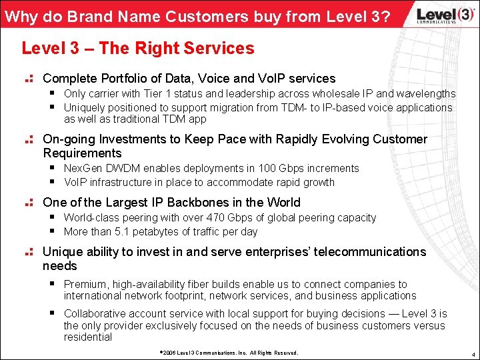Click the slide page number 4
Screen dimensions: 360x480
(x=471, y=353)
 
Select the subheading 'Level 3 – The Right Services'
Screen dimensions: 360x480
(x=138, y=49)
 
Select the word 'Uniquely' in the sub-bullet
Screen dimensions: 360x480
(x=84, y=107)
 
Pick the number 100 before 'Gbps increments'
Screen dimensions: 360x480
(x=267, y=169)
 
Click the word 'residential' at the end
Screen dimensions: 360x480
(x=88, y=337)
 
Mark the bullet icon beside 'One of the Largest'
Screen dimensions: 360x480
(x=29, y=203)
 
